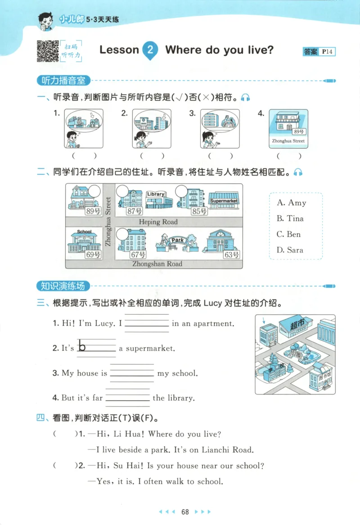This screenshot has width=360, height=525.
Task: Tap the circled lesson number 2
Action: pos(150,50)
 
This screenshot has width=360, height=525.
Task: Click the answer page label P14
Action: pos(328,52)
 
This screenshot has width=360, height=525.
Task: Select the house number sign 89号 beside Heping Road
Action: pos(93,211)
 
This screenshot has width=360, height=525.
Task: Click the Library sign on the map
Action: pos(156,194)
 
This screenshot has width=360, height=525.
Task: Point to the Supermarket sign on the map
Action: pos(224,201)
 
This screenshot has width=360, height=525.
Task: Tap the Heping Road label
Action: pos(158,222)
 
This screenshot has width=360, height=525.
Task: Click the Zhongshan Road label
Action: pos(157,264)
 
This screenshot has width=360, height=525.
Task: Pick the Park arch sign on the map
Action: pos(177,240)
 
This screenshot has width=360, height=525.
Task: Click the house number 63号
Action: pos(231,255)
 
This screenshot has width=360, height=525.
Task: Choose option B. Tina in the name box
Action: pos(290,219)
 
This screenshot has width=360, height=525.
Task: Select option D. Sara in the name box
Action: pos(290,250)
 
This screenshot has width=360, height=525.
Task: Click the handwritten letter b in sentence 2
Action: pos(82,346)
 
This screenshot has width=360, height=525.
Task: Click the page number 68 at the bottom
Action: pos(184,511)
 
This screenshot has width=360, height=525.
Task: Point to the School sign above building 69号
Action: pos(84,232)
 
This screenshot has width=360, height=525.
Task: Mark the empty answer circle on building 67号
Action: pos(122,234)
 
